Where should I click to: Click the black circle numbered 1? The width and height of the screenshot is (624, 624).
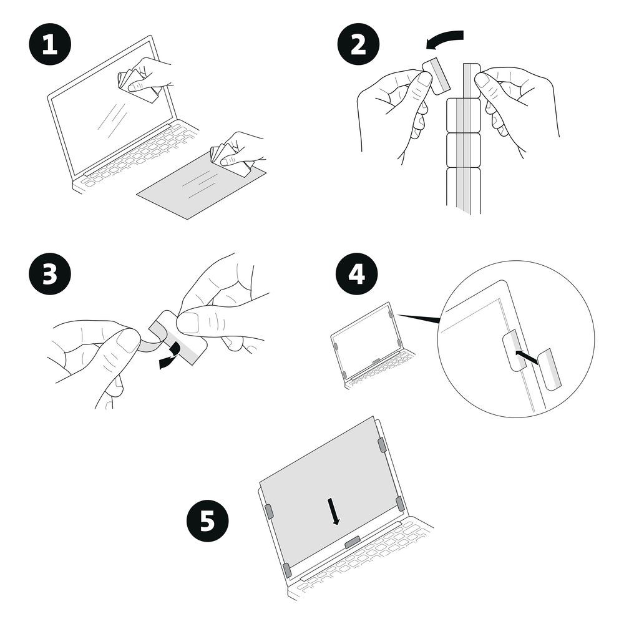click(50, 44)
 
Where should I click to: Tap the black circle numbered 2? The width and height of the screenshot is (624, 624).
click(358, 44)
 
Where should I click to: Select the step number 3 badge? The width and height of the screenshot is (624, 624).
click(50, 274)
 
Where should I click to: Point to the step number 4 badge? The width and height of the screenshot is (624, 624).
click(356, 274)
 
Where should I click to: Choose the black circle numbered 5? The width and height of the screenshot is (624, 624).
click(207, 520)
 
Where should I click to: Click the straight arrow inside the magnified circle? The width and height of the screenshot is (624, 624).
click(527, 357)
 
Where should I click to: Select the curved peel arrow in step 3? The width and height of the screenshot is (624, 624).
click(170, 356)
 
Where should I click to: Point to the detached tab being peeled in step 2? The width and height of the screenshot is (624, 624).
click(436, 76)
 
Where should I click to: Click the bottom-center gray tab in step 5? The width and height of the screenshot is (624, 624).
click(352, 542)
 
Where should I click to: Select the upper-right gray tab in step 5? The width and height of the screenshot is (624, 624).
click(382, 444)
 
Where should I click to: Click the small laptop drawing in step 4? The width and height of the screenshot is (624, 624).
click(372, 344)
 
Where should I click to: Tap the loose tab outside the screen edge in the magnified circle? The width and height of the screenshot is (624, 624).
click(549, 369)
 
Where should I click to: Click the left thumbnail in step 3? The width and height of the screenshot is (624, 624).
click(127, 341)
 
